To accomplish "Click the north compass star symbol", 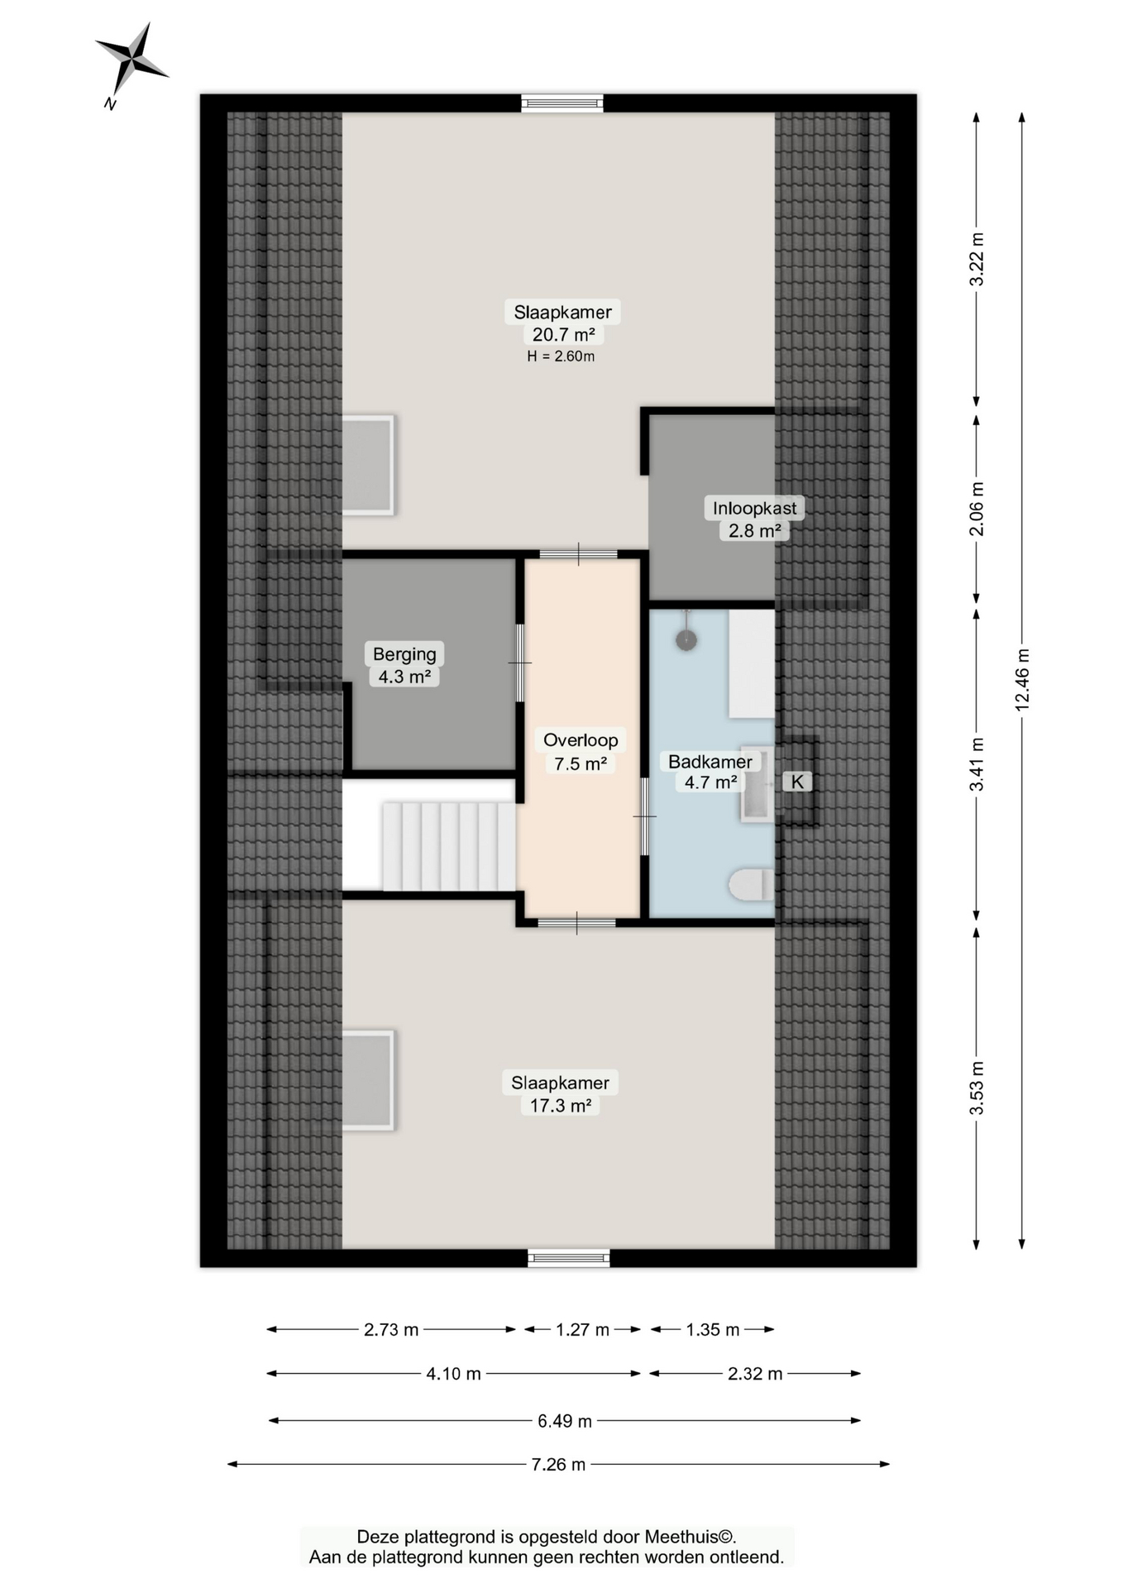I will [x=131, y=60].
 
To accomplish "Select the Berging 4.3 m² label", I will [x=404, y=665].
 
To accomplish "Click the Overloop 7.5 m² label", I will [x=581, y=751].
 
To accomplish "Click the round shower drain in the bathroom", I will [x=686, y=639].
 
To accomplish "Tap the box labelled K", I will [x=797, y=782].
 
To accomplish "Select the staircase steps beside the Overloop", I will [x=448, y=845].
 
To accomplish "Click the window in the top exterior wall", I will [x=562, y=103].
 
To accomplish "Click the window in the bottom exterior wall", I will [x=569, y=1258].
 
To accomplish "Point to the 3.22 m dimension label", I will [x=977, y=260].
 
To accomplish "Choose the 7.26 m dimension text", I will [x=558, y=1464].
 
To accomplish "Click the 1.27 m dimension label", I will [x=582, y=1329].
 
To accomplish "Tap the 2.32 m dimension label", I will [x=754, y=1374].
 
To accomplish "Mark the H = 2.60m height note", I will [x=561, y=356].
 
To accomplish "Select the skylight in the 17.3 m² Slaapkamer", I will [x=367, y=1079].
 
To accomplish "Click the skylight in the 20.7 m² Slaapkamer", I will [x=367, y=465].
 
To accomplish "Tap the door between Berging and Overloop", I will [x=520, y=662].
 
